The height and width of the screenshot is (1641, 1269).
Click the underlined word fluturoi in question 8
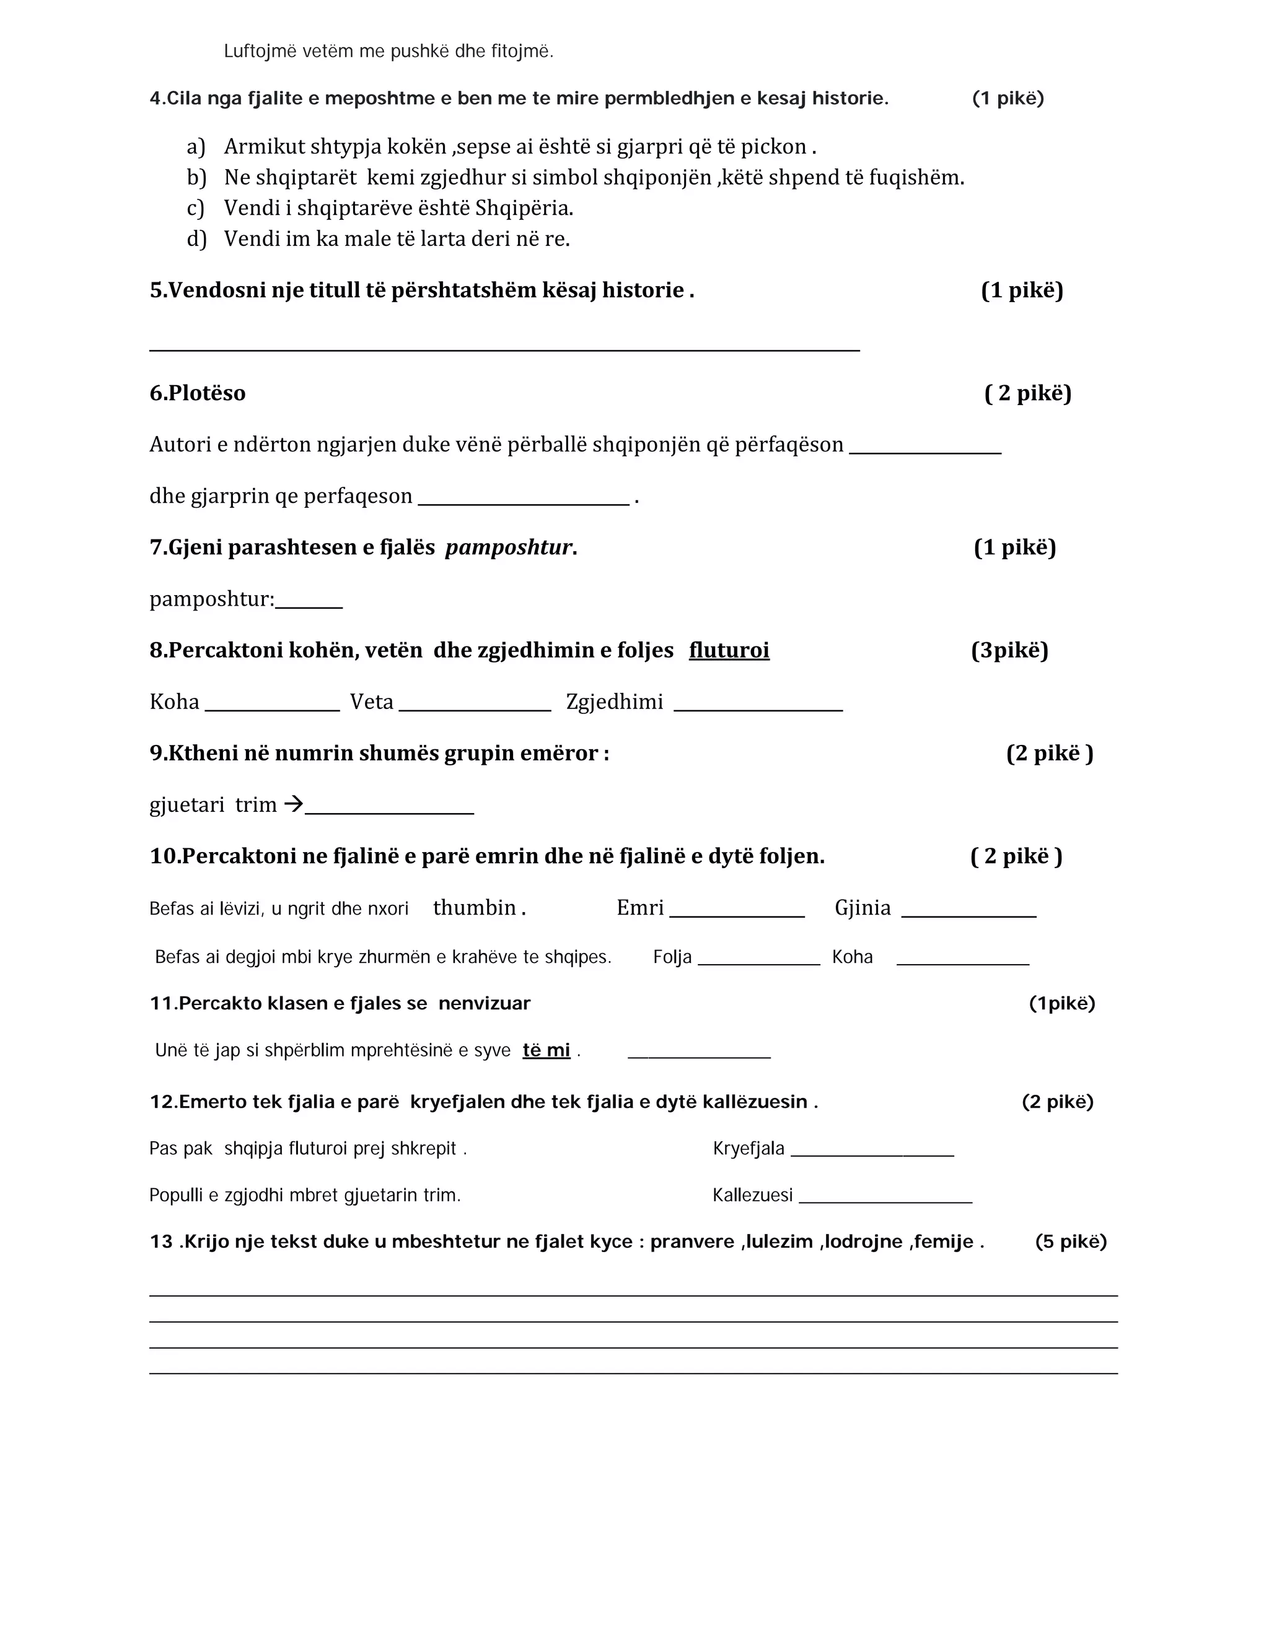click(x=729, y=650)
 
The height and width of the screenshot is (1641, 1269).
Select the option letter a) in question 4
click(x=195, y=147)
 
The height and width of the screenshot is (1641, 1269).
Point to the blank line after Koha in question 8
click(x=272, y=708)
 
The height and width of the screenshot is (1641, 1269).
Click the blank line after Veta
click(x=475, y=708)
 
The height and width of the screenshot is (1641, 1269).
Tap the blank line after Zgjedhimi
click(x=758, y=708)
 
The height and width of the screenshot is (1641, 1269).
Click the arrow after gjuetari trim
click(x=293, y=804)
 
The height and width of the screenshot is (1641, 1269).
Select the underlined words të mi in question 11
click(x=546, y=1050)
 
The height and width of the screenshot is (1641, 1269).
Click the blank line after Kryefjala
click(x=872, y=1155)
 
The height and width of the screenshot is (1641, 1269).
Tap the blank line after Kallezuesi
click(x=885, y=1201)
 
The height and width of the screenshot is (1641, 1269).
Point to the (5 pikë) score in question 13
click(x=1071, y=1241)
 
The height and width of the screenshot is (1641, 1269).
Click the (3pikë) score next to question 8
click(x=1009, y=650)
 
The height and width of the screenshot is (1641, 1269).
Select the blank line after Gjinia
click(x=968, y=915)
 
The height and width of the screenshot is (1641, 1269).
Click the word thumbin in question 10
click(x=475, y=908)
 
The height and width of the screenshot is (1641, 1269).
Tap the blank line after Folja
click(x=758, y=964)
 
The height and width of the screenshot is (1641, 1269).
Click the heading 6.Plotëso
click(x=197, y=393)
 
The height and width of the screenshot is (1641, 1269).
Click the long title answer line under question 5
click(x=504, y=349)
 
